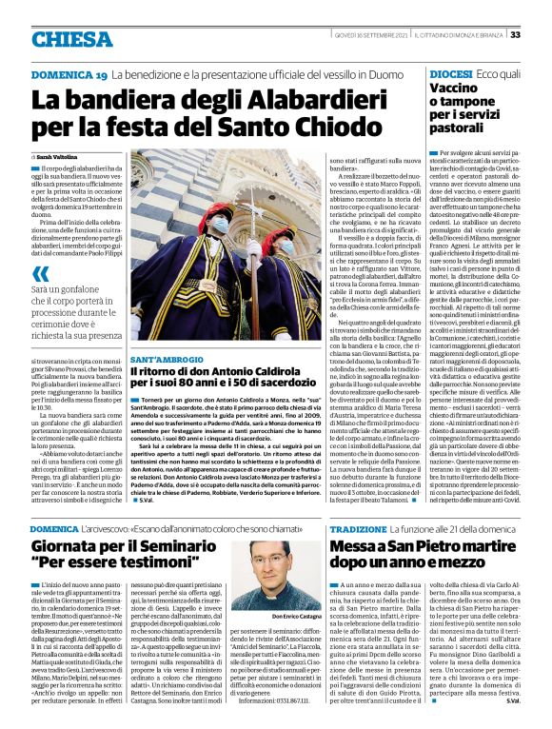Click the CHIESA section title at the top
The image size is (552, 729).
point(70,38)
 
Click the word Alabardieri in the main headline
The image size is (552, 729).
point(258,99)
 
